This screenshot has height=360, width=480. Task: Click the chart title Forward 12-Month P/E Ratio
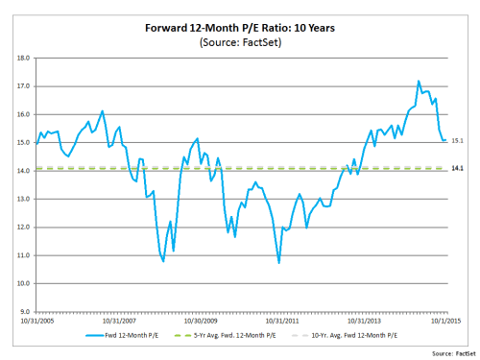click(239, 27)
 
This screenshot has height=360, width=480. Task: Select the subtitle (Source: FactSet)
click(239, 43)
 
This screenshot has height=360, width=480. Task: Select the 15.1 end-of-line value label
click(458, 141)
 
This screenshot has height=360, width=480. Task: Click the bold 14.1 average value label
click(458, 169)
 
